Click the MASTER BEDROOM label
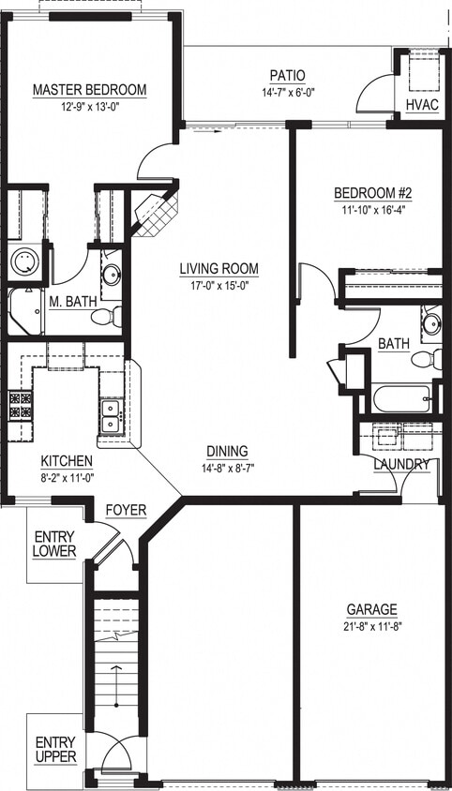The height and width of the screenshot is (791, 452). [90, 90]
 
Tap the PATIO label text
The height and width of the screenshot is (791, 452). [287, 76]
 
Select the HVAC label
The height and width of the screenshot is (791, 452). [422, 104]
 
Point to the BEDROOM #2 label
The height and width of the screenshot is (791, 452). [373, 194]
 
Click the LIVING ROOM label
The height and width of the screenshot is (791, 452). [219, 269]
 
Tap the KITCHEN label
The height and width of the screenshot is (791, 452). [66, 461]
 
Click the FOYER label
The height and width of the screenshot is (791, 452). [125, 509]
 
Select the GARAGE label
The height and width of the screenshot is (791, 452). [370, 608]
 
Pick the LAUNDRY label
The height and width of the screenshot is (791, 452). [401, 465]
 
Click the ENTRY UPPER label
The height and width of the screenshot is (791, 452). [55, 750]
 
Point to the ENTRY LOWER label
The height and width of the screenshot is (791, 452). [53, 544]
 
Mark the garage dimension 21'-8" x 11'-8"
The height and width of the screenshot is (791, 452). [370, 625]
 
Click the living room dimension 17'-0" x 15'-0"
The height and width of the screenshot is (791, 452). [219, 286]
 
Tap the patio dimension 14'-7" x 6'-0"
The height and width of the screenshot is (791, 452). [287, 93]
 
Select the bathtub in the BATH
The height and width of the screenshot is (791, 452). [401, 398]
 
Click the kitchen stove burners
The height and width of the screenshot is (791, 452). [20, 405]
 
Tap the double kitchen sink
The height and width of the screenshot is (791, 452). [111, 415]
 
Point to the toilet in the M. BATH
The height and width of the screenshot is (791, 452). [102, 316]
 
